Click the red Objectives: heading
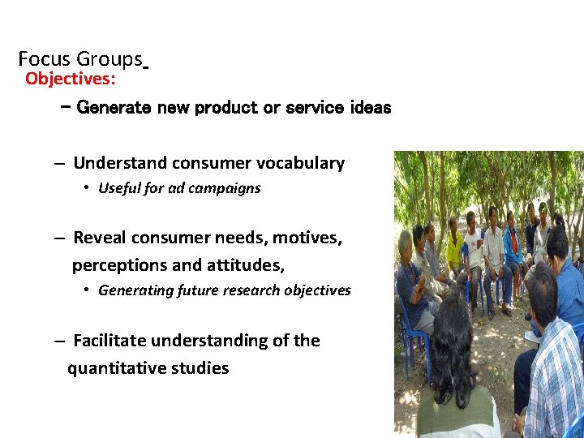pyautogui.click(x=70, y=79)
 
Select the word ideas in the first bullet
pyautogui.click(x=371, y=107)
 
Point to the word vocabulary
pyautogui.click(x=300, y=163)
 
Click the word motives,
pyautogui.click(x=307, y=238)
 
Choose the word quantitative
pyautogui.click(x=118, y=368)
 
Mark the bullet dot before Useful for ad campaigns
pyautogui.click(x=86, y=188)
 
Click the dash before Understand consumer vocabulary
pyautogui.click(x=60, y=163)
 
